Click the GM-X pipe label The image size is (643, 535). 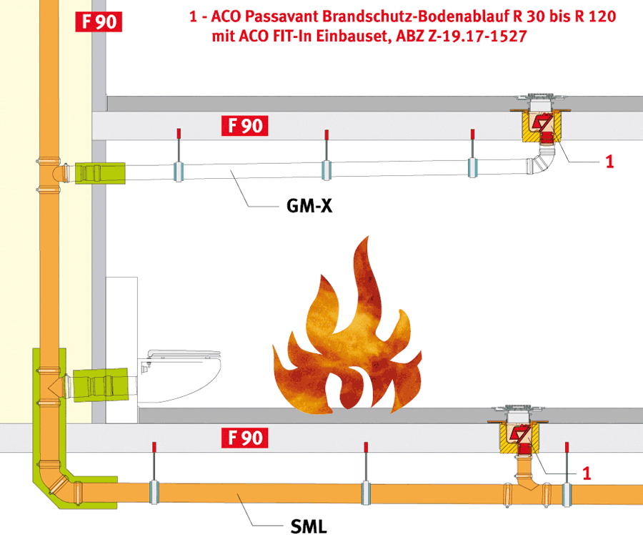309,206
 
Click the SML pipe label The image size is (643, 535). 309,526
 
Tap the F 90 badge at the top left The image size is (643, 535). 99,21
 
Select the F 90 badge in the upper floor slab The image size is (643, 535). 245,126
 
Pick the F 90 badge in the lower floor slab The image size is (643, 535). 245,438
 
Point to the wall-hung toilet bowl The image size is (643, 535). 179,375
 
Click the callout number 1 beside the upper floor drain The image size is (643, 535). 609,162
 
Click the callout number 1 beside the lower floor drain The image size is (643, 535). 587,473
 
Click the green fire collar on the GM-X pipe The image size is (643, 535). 100,173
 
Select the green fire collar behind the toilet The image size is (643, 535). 101,385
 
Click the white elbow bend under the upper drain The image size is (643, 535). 542,162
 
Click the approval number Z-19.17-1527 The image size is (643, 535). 477,36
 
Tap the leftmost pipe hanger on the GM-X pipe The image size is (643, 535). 179,155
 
